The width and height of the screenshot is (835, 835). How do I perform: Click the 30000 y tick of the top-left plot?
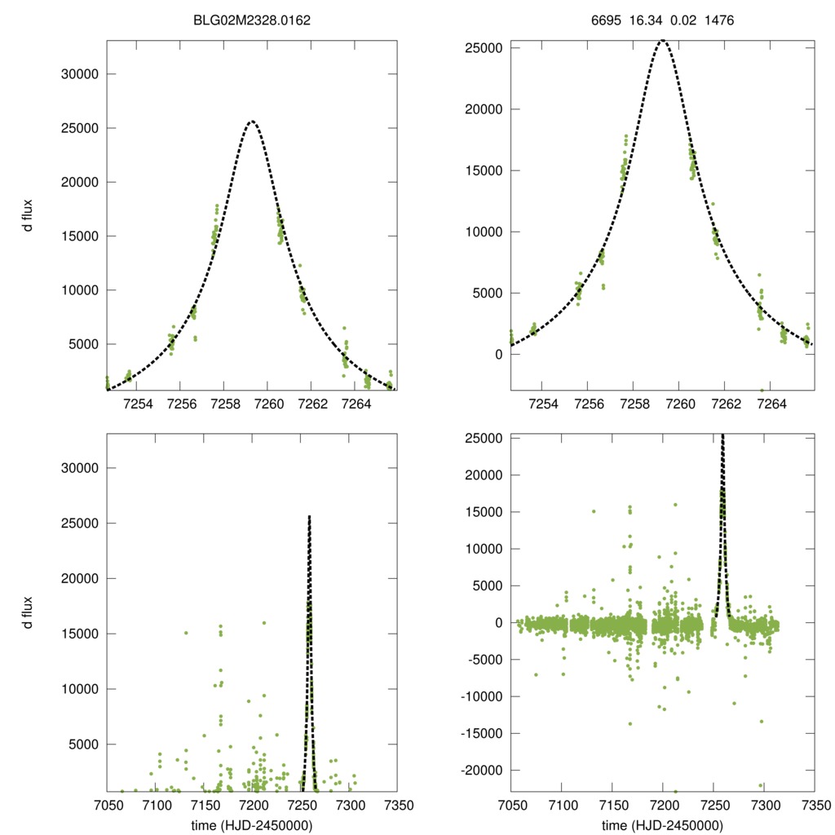pos(80,74)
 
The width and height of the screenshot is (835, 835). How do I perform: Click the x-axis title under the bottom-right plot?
pos(663,824)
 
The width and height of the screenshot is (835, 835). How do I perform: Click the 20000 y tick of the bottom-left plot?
pos(80,578)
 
